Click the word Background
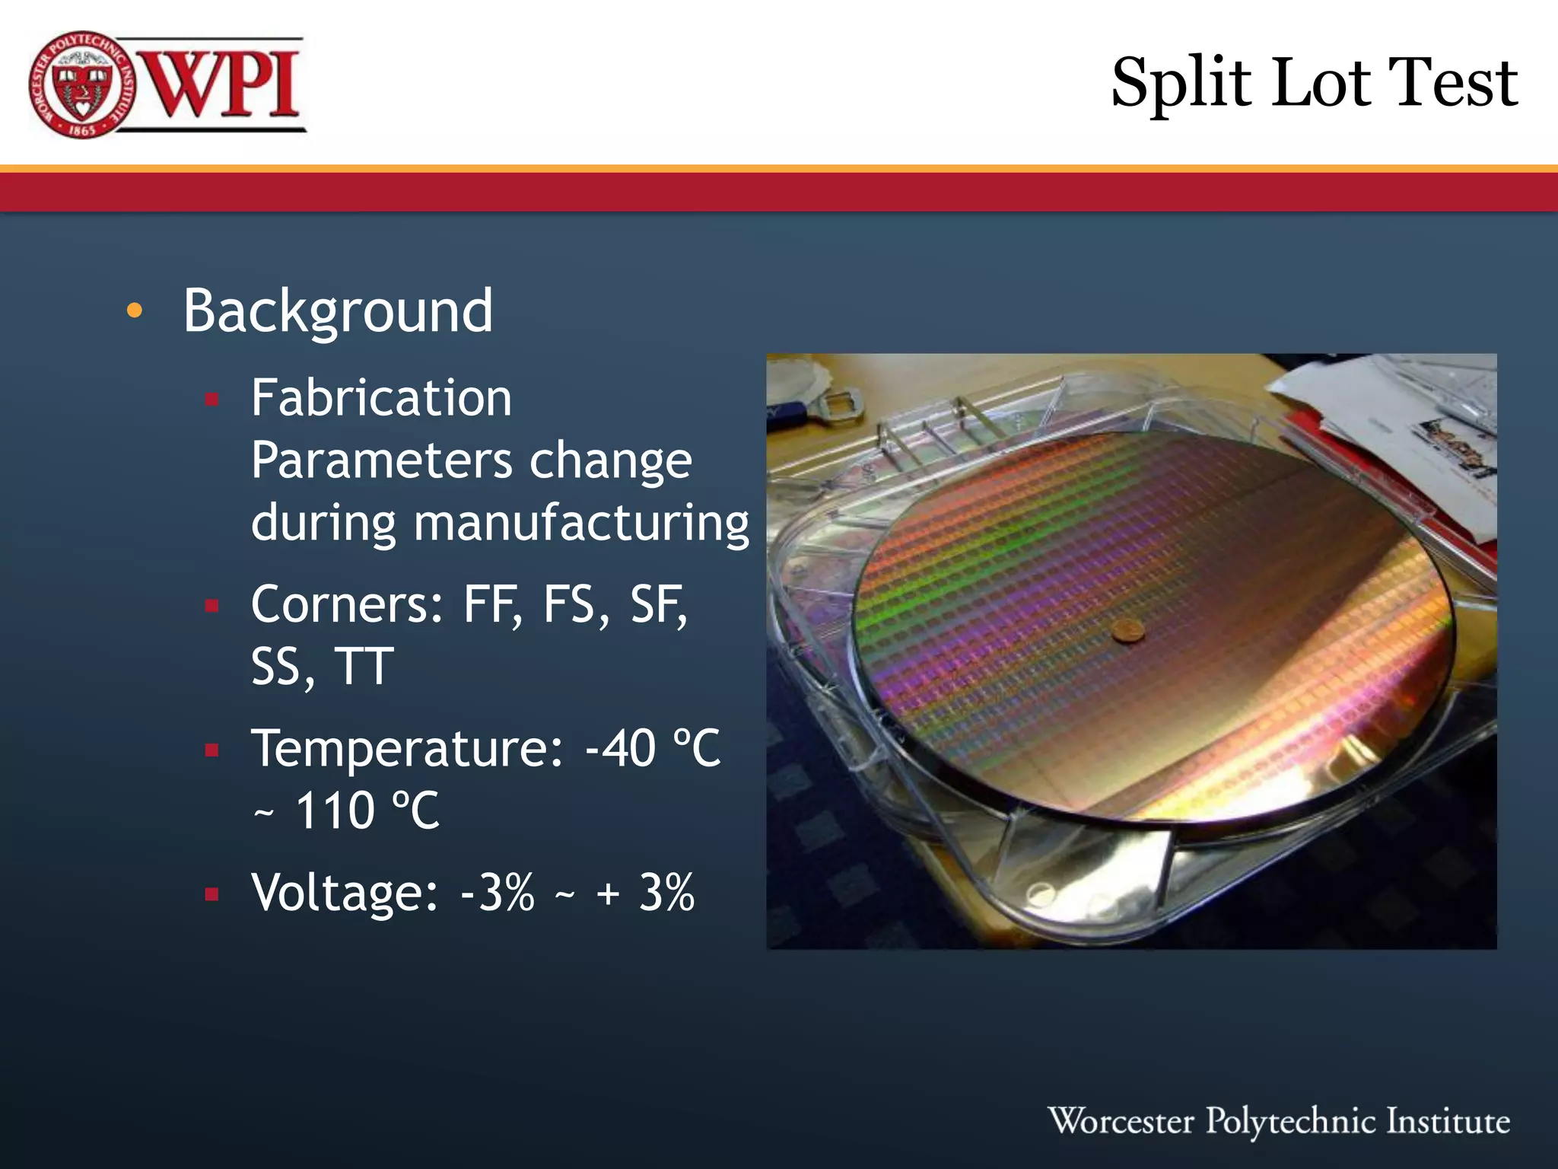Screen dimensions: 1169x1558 pos(338,312)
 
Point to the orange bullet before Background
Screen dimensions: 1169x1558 pos(135,311)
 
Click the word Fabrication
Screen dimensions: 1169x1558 pos(381,398)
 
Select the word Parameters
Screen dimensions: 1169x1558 pos(382,461)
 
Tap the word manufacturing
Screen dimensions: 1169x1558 pos(581,524)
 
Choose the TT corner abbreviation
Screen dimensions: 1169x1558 pos(364,667)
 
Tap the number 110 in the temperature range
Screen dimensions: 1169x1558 pos(334,811)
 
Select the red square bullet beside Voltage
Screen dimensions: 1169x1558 pos(211,893)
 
